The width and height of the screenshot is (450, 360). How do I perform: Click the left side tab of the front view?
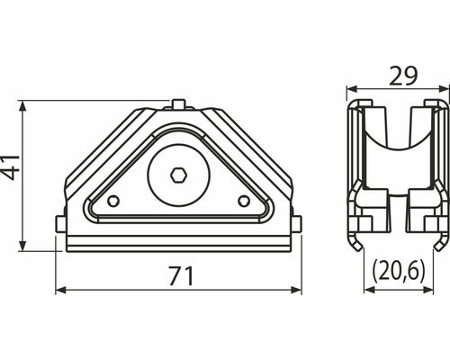[x=59, y=223]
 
